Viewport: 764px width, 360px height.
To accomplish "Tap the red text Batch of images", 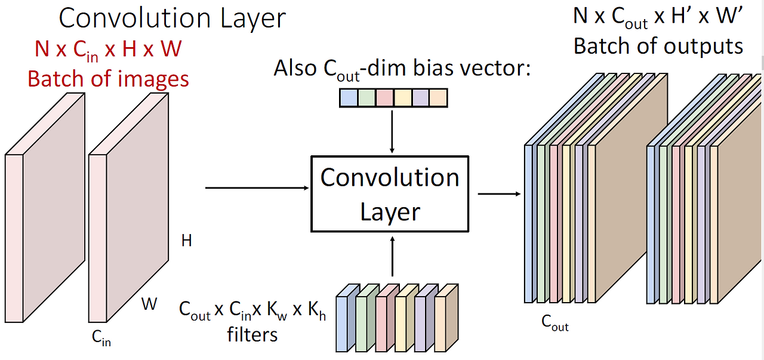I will (108, 79).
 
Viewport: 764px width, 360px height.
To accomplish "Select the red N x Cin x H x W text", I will (108, 49).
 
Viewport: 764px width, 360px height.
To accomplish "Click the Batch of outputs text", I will (658, 46).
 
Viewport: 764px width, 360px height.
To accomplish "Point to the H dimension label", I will (187, 241).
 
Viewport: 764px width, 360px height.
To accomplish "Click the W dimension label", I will (149, 304).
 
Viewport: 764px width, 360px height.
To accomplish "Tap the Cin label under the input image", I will (101, 339).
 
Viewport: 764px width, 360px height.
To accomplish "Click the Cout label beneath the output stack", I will (554, 323).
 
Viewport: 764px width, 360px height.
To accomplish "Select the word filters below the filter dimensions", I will (252, 334).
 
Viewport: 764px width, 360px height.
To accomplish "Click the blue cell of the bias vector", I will (348, 97).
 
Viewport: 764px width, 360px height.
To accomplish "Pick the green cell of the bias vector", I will (366, 97).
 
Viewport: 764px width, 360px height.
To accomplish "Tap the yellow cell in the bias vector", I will (402, 97).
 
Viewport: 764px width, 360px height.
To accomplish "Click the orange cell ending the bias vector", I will (438, 97).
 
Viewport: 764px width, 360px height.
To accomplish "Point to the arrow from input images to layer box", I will (257, 188).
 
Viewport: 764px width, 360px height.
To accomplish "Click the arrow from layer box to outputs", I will (499, 193).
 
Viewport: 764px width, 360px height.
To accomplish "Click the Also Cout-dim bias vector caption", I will (402, 69).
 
